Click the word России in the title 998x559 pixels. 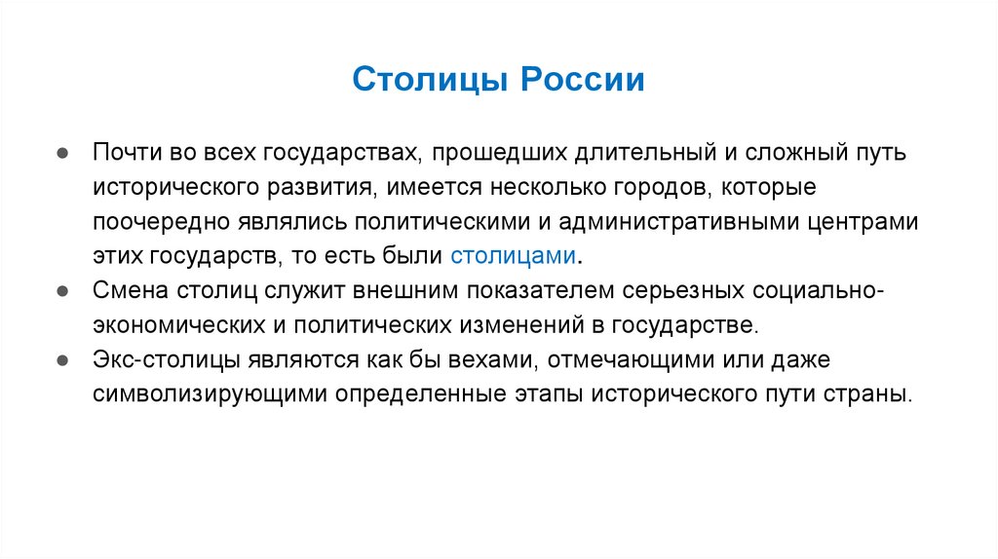point(588,79)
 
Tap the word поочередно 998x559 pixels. point(157,221)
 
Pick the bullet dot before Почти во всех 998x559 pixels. point(61,152)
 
